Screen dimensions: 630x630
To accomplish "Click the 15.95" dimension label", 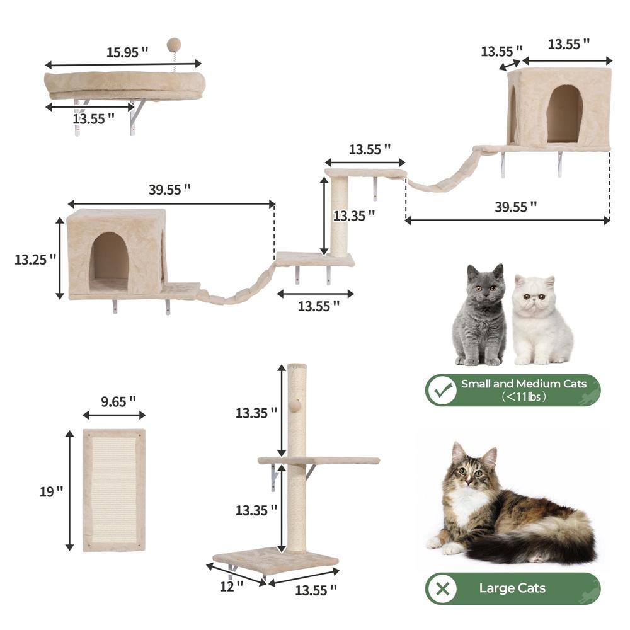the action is click(x=127, y=52).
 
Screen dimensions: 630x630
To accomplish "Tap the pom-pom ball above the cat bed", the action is click(x=174, y=44).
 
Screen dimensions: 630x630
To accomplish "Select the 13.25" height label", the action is click(x=35, y=260).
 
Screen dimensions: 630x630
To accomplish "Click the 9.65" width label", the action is click(x=118, y=401).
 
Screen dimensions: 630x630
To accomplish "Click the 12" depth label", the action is click(x=231, y=586).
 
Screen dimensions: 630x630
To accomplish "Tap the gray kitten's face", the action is click(x=486, y=289).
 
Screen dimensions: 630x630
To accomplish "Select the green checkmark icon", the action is click(x=442, y=390).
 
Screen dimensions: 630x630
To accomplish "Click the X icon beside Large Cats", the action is click(x=442, y=589).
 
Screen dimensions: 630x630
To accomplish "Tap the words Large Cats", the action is click(x=512, y=588).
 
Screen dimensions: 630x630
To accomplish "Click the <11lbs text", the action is click(x=524, y=397).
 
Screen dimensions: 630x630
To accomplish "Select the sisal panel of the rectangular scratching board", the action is click(x=113, y=490).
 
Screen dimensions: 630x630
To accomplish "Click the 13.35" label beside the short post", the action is click(x=353, y=215).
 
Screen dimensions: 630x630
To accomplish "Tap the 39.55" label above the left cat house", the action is click(x=169, y=190).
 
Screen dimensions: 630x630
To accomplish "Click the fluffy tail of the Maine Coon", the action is click(x=534, y=539).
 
